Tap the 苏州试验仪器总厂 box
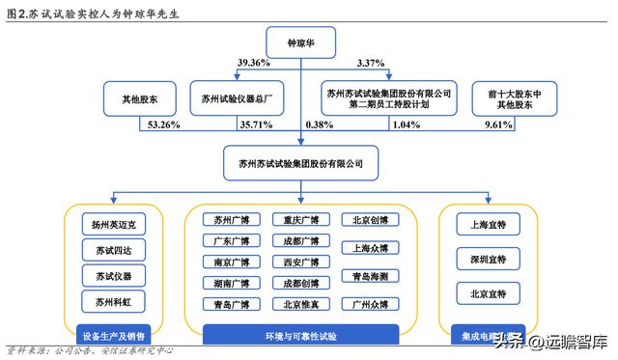coord(229,98)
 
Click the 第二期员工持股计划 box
coord(388,98)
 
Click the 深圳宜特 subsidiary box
coord(489,259)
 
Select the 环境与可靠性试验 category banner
coord(301,335)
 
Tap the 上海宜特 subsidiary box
coord(489,224)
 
